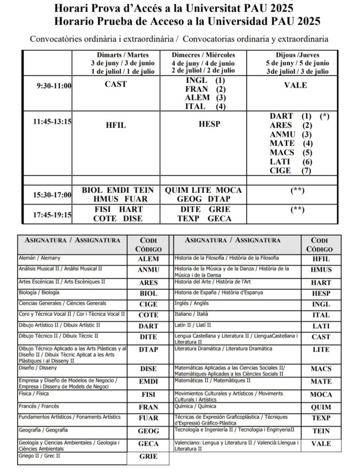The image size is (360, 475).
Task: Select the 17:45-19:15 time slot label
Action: click(x=51, y=215)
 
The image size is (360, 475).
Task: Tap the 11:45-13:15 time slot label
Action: click(x=51, y=122)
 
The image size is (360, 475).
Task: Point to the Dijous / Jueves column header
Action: click(x=297, y=55)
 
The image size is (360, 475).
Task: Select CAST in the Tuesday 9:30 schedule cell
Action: click(x=116, y=84)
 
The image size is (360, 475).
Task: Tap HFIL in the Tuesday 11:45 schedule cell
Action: click(x=116, y=125)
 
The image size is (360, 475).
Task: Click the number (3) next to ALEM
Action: click(x=220, y=98)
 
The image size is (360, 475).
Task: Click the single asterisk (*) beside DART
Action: click(x=325, y=116)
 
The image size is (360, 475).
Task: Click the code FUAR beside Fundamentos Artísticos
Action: click(x=148, y=418)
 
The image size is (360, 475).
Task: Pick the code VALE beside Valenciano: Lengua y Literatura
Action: click(x=321, y=444)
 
